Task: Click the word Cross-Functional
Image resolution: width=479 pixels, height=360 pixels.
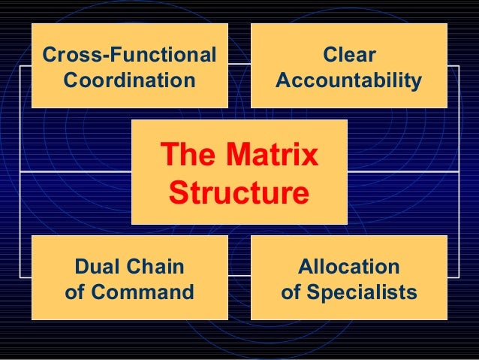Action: pyautogui.click(x=129, y=55)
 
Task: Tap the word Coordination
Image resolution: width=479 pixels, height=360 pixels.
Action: pyautogui.click(x=129, y=79)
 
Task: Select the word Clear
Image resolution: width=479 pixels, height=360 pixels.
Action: pyautogui.click(x=348, y=55)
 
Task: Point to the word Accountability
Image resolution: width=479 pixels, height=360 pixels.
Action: pyautogui.click(x=348, y=79)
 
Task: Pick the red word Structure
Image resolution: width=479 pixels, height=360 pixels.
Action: pyautogui.click(x=239, y=192)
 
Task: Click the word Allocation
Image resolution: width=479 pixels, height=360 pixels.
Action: pyautogui.click(x=348, y=267)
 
